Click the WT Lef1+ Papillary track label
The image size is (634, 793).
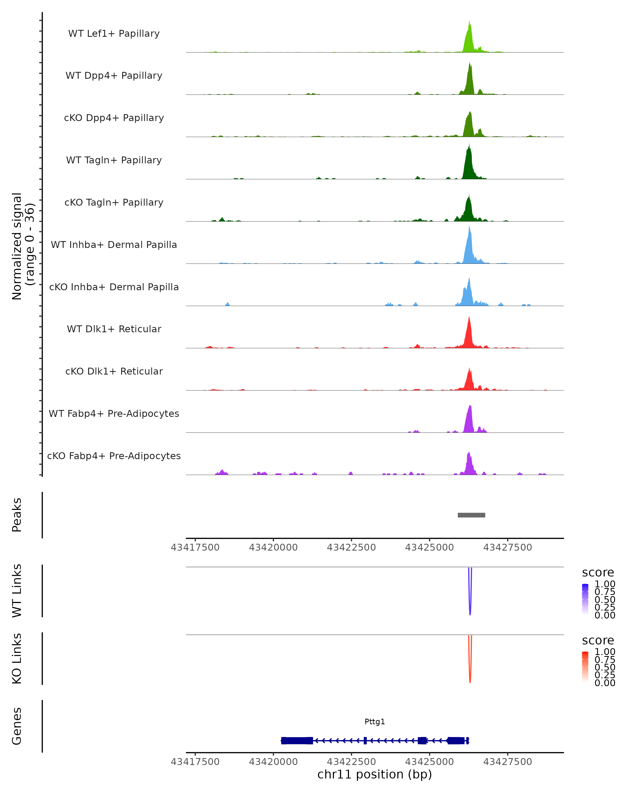[x=114, y=34]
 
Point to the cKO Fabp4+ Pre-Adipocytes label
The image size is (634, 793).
[x=114, y=456]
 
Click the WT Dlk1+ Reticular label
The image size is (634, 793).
[x=114, y=329]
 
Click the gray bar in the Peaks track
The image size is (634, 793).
[x=471, y=515]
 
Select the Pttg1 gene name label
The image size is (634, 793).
[x=375, y=722]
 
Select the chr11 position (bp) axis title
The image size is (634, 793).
[x=375, y=774]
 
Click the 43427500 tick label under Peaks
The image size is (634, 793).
[x=507, y=547]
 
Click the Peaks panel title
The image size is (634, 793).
[x=17, y=515]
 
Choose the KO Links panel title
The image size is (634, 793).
[x=17, y=658]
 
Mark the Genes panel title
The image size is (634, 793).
[x=17, y=726]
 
